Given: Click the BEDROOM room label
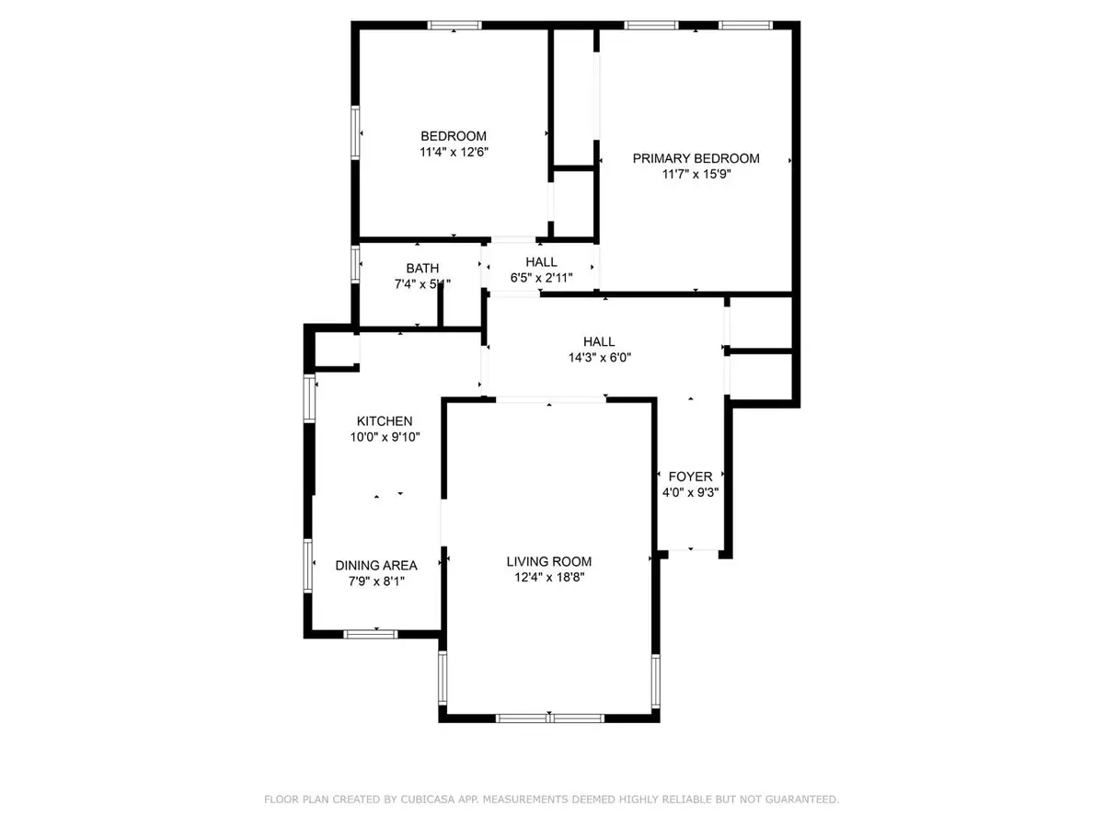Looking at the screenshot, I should click(454, 136).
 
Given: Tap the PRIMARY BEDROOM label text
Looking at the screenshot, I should click(696, 158).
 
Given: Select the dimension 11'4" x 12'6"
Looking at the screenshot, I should click(454, 154).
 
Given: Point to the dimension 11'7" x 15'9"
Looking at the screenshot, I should click(696, 174).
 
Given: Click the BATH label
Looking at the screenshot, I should click(416, 269).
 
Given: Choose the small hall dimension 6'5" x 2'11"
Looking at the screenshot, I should click(541, 278).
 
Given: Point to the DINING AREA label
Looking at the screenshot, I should click(375, 565).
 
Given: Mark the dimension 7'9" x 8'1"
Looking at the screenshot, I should click(375, 581).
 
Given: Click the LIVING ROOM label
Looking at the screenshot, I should click(548, 561).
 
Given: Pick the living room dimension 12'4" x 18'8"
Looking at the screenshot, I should click(548, 578).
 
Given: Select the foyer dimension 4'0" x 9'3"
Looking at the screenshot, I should click(690, 492).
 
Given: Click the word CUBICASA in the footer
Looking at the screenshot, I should click(418, 800).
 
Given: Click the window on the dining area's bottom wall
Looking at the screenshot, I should click(371, 633).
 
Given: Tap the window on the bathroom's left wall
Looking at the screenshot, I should click(355, 262).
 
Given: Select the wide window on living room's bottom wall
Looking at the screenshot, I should click(548, 718).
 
